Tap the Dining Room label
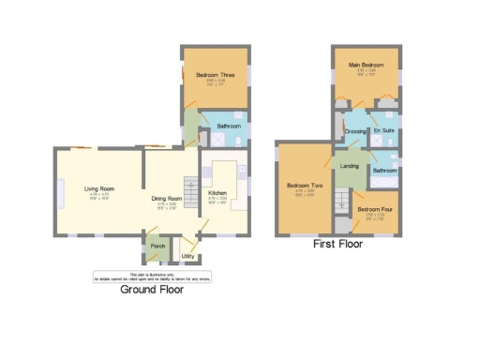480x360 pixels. click(x=166, y=198)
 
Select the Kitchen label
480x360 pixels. click(x=217, y=193)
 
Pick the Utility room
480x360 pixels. click(x=187, y=254)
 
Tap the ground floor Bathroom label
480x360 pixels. click(x=229, y=126)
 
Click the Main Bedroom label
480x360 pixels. click(x=363, y=64)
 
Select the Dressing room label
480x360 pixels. click(x=354, y=131)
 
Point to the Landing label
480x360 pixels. click(x=350, y=166)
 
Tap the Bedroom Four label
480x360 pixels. click(x=375, y=209)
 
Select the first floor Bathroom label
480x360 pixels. click(x=384, y=171)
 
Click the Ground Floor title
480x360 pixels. click(x=152, y=290)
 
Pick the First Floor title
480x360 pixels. click(x=337, y=244)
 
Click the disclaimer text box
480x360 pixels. click(x=152, y=276)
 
